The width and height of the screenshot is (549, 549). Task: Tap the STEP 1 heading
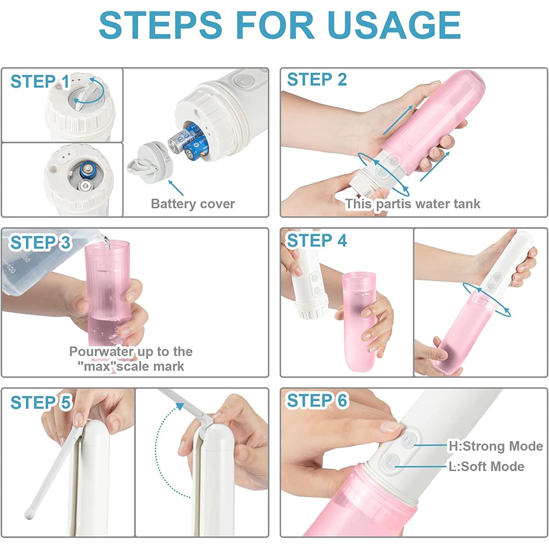(40, 82)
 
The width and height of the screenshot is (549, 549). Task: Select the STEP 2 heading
(317, 80)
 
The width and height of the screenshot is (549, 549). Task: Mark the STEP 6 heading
(317, 401)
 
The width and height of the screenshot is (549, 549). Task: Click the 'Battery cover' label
(193, 204)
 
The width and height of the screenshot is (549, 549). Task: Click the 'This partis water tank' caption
(412, 204)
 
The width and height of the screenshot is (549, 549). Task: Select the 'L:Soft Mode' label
(485, 466)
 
